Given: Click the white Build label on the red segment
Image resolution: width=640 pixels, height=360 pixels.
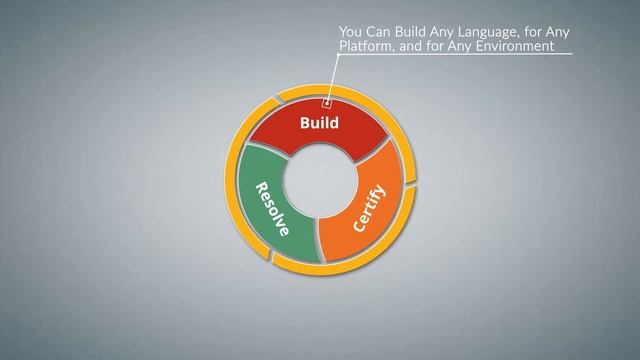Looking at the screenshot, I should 319,124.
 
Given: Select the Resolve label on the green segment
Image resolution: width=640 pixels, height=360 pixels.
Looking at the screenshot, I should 272,209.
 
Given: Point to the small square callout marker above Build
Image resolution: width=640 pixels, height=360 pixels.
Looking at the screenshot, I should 326,100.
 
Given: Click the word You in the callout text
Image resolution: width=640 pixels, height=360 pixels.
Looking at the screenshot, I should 350,32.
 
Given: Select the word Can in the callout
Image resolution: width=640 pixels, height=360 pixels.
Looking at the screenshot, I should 378,32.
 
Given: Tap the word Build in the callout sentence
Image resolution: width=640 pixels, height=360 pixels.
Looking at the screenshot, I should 411,32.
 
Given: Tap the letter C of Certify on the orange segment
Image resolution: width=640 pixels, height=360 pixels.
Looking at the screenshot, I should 358,225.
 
